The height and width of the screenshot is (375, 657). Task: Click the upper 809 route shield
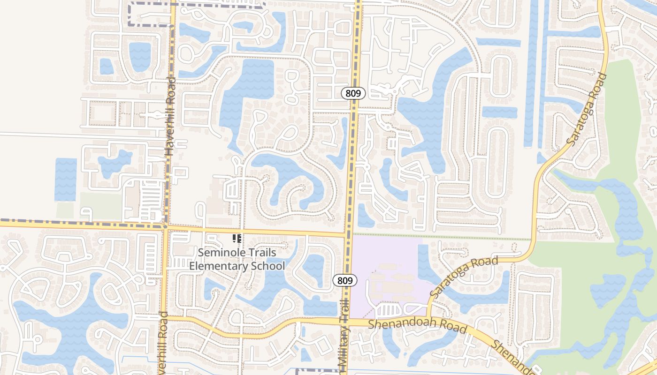pos(353,93)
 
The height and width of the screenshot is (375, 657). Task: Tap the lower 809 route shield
pos(345,281)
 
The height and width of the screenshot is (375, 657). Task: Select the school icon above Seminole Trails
pos(237,239)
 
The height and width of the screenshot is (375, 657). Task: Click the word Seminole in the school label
pos(218,252)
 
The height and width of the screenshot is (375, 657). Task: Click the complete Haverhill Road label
pos(169,117)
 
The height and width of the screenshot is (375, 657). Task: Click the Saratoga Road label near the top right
pos(587,109)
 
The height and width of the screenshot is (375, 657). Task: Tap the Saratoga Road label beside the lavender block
pos(464,277)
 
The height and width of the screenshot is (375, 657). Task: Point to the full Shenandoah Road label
pos(417,326)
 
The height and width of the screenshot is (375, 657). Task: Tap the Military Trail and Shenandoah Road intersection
pos(345,322)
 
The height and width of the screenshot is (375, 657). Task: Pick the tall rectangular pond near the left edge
pos(66,180)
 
